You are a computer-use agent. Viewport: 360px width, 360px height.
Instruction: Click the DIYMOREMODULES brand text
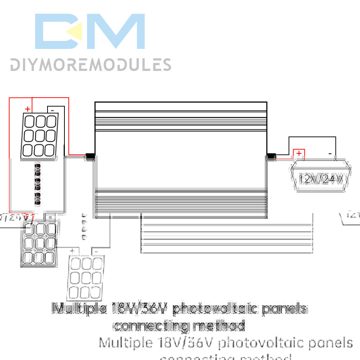(x=90, y=65)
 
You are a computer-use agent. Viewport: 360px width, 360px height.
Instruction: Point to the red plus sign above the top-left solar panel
(x=27, y=109)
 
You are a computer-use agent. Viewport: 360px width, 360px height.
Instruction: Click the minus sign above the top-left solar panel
(x=52, y=109)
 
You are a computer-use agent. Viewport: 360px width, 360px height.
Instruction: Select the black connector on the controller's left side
(x=90, y=157)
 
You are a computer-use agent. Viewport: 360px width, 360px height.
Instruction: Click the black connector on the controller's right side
(x=271, y=157)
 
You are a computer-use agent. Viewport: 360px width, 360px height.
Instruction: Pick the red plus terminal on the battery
(x=299, y=154)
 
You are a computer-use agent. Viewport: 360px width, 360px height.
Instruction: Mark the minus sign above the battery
(x=330, y=154)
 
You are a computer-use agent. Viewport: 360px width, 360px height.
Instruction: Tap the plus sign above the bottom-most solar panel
(x=72, y=251)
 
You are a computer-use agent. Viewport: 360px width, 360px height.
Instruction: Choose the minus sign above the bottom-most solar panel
(x=96, y=251)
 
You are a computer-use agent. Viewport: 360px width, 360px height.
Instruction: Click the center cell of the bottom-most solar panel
(x=86, y=278)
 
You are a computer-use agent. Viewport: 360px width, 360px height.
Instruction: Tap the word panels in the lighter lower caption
(x=328, y=342)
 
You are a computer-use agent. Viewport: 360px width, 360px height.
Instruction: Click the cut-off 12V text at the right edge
(x=353, y=215)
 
